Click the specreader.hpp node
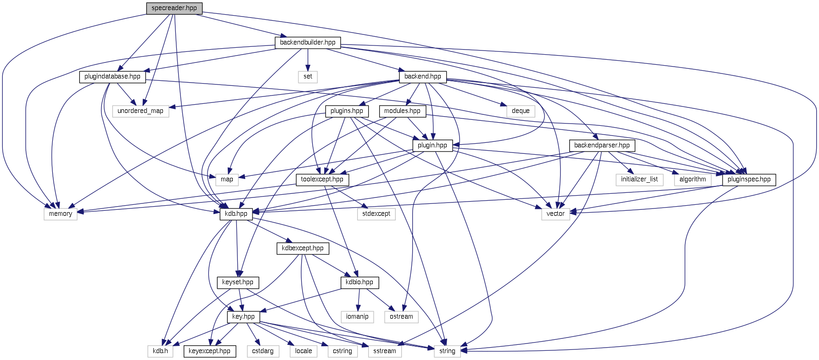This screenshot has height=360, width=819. pyautogui.click(x=174, y=8)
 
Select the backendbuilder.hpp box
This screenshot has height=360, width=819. pyautogui.click(x=308, y=42)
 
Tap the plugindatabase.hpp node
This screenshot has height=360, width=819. pyautogui.click(x=112, y=77)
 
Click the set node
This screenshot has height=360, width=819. pyautogui.click(x=308, y=77)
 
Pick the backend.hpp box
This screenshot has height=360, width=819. pyautogui.click(x=422, y=77)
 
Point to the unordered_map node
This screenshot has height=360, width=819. pyautogui.click(x=140, y=111)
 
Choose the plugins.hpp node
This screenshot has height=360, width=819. pyautogui.click(x=347, y=111)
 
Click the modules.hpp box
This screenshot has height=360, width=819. pyautogui.click(x=402, y=111)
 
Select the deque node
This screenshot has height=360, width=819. pyautogui.click(x=521, y=111)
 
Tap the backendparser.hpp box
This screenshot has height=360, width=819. pyautogui.click(x=602, y=146)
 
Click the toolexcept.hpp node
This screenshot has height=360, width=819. pyautogui.click(x=322, y=180)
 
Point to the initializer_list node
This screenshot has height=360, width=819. pyautogui.click(x=639, y=180)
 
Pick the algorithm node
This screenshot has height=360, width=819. pyautogui.click(x=693, y=180)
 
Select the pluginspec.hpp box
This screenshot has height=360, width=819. pyautogui.click(x=749, y=180)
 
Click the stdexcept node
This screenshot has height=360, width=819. pyautogui.click(x=376, y=214)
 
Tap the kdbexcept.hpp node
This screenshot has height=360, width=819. pyautogui.click(x=303, y=248)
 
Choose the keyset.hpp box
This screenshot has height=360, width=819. pyautogui.click(x=238, y=282)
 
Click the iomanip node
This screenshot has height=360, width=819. pyautogui.click(x=357, y=317)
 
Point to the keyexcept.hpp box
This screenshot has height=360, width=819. pyautogui.click(x=209, y=351)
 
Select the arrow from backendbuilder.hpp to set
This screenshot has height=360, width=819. pyautogui.click(x=308, y=60)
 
